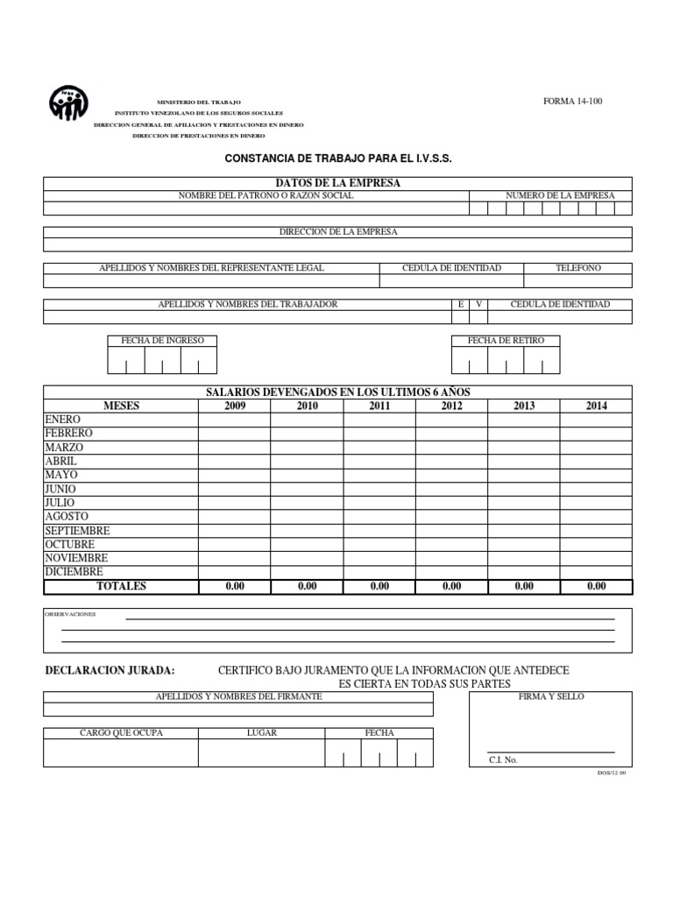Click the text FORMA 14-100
click(573, 101)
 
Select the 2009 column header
click(235, 406)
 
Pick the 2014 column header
click(596, 406)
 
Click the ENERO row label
click(62, 420)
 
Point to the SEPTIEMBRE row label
click(77, 531)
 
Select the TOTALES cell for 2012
click(451, 586)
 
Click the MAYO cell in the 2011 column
click(379, 475)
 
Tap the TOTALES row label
click(122, 586)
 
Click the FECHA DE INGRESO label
click(162, 340)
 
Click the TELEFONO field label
click(578, 268)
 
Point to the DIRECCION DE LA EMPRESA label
click(337, 231)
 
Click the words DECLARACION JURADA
click(110, 670)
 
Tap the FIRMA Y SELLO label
click(551, 696)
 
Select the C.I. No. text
click(503, 759)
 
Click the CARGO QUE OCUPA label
click(121, 732)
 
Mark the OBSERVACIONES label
click(70, 614)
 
